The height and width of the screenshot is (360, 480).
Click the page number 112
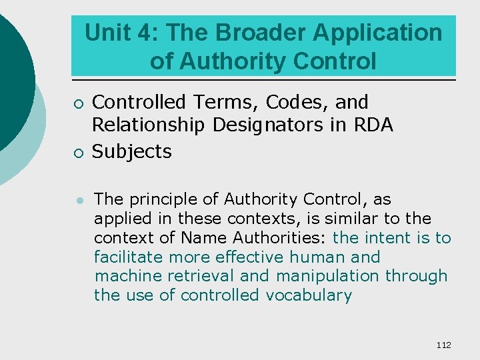[x=443, y=345]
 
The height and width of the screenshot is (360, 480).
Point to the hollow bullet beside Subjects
[x=79, y=153]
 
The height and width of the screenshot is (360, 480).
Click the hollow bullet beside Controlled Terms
[x=79, y=104]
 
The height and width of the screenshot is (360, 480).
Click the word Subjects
[x=131, y=152]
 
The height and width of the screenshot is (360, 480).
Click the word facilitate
[x=129, y=257]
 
